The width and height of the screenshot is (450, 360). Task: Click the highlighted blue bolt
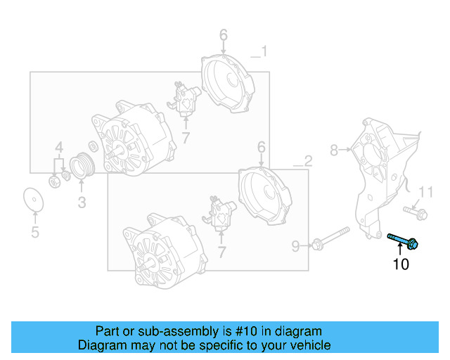(x=404, y=241)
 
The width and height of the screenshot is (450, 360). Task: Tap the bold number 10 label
(x=400, y=265)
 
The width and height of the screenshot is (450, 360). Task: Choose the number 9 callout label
(x=295, y=245)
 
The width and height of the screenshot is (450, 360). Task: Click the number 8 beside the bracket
(x=334, y=149)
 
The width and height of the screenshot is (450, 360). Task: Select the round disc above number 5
(x=32, y=199)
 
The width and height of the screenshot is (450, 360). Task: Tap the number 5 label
(x=34, y=232)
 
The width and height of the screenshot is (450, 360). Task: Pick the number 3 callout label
(x=82, y=203)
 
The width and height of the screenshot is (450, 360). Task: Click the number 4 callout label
(x=60, y=147)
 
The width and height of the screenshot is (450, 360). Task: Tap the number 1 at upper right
(x=264, y=51)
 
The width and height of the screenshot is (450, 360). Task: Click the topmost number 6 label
(x=223, y=34)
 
